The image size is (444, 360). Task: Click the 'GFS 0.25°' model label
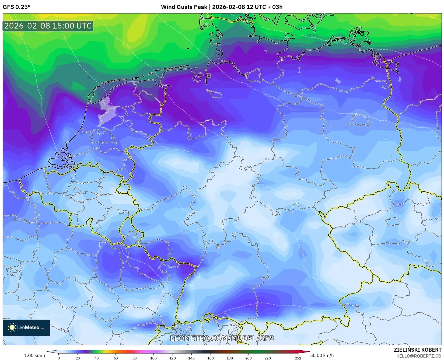click(x=16, y=7)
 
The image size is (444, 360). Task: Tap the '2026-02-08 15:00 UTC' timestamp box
click(x=48, y=26)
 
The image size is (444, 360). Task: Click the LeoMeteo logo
click(x=26, y=327)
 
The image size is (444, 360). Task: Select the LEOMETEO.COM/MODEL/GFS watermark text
click(x=222, y=338)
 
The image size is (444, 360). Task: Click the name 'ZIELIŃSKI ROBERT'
click(x=418, y=350)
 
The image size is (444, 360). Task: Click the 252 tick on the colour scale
click(x=298, y=358)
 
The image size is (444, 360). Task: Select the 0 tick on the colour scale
click(x=59, y=358)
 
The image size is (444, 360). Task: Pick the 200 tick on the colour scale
click(x=249, y=358)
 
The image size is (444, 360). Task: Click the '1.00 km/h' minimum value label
click(x=35, y=355)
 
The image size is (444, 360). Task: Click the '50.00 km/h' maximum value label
click(x=322, y=355)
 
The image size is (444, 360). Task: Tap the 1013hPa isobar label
click(x=270, y=95)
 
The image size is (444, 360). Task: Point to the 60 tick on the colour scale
click(x=116, y=358)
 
